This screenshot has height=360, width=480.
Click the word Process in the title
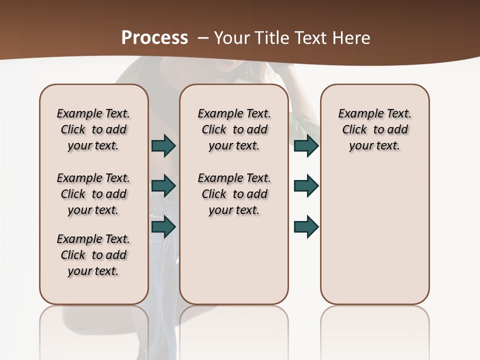click(x=154, y=38)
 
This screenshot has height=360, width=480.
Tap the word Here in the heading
click(x=351, y=38)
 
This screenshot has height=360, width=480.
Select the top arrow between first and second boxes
click(x=163, y=146)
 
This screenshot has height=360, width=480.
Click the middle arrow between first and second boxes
click(x=163, y=186)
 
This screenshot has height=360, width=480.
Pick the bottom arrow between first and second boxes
click(x=163, y=226)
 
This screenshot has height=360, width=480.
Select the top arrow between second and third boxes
click(x=306, y=146)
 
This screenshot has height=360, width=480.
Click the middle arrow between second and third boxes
click(x=306, y=186)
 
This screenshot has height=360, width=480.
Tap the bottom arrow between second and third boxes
click(x=306, y=226)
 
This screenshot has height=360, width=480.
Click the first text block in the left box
click(x=93, y=129)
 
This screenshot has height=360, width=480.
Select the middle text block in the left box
click(x=93, y=194)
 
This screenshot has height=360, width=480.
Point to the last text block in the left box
click(x=93, y=255)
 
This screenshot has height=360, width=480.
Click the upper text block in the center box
click(x=234, y=129)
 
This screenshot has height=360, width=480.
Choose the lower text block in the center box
click(x=234, y=194)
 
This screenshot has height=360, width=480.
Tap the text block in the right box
click(x=375, y=129)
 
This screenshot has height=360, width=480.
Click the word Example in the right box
click(x=357, y=114)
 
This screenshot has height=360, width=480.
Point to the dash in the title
click(x=202, y=38)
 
